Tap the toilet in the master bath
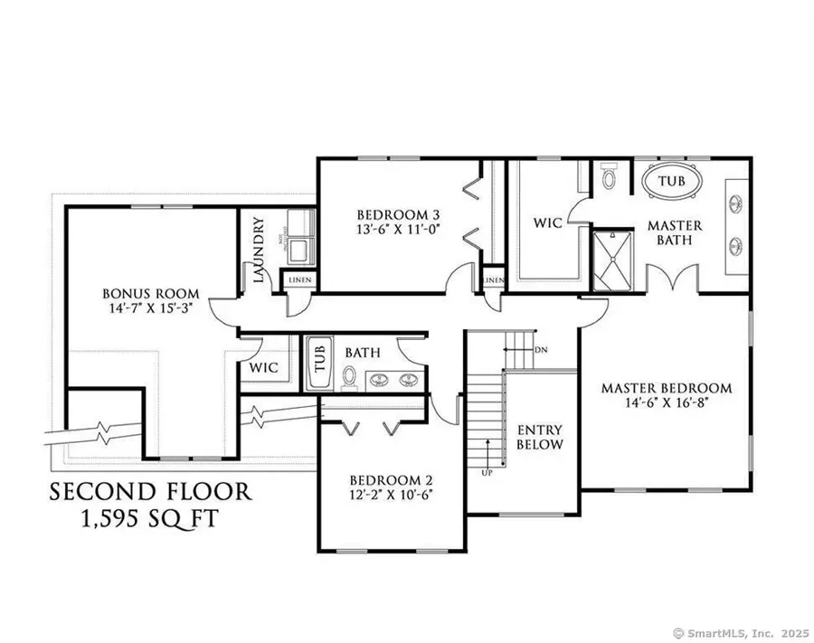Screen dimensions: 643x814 608,176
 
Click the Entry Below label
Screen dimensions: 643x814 539,437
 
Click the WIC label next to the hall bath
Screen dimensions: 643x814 265,367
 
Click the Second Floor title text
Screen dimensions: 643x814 150,493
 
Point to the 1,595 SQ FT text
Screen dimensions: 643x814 150,522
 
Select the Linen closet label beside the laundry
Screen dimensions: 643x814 299,279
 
